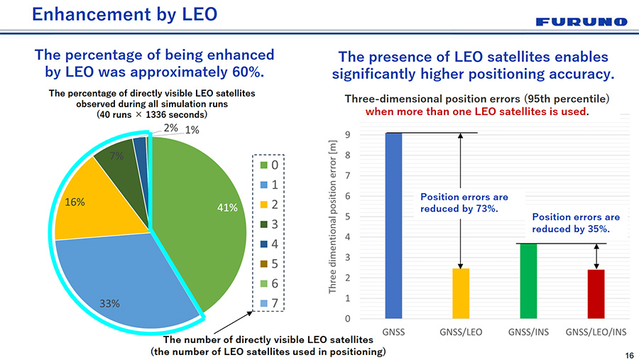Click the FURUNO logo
point(581,22)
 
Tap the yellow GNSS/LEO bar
point(461,293)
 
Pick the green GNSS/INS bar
point(528,280)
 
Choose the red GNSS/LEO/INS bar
point(596,293)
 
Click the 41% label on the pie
point(226,207)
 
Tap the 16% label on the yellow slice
point(75,202)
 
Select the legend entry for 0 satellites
point(268,165)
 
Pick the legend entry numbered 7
point(268,304)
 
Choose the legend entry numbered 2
point(268,205)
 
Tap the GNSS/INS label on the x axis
point(528,332)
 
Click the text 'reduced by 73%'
point(460,208)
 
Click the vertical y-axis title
point(332,217)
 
